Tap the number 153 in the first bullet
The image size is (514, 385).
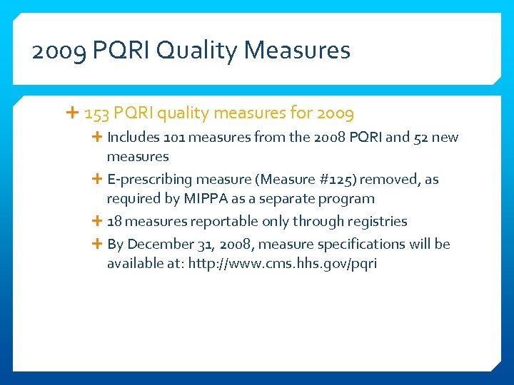tap(96, 113)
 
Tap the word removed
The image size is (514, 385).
tap(389, 180)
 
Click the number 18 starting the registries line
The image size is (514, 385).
tap(114, 222)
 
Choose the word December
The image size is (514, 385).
tap(162, 244)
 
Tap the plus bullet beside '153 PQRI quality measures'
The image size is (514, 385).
tap(73, 113)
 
